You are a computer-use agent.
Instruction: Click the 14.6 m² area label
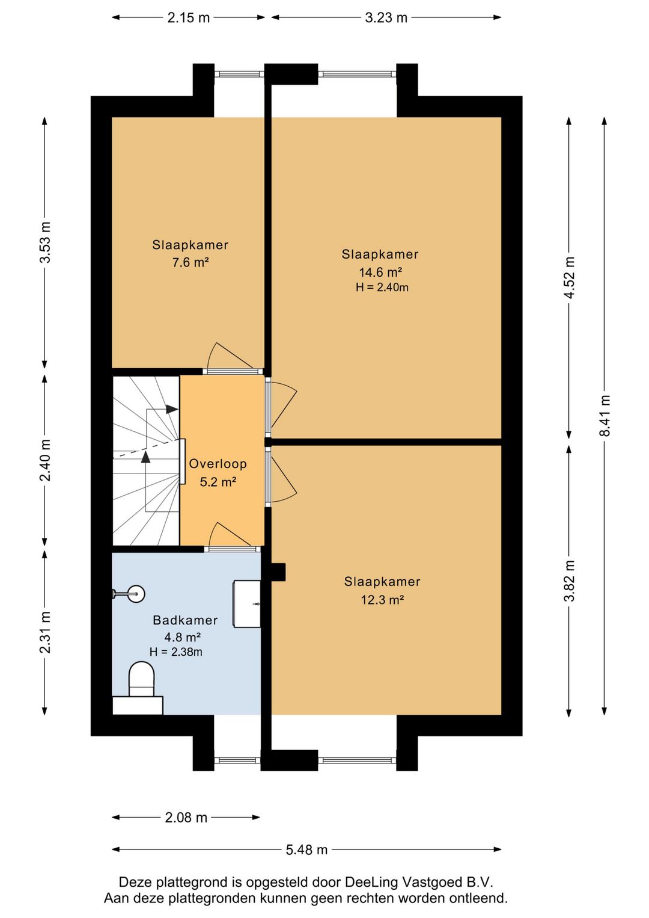pyautogui.click(x=380, y=272)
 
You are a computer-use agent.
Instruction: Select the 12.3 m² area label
pyautogui.click(x=382, y=600)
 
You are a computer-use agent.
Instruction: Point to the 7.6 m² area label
pyautogui.click(x=190, y=262)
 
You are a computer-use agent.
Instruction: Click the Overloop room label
pyautogui.click(x=218, y=463)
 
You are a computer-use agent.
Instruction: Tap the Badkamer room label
pyautogui.click(x=185, y=620)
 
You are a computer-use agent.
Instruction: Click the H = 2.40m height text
pyautogui.click(x=382, y=288)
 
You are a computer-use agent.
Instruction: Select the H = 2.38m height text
pyautogui.click(x=175, y=652)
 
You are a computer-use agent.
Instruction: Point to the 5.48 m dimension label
pyautogui.click(x=306, y=850)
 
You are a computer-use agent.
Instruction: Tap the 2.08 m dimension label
pyautogui.click(x=186, y=818)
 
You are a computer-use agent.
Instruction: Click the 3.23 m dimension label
pyautogui.click(x=386, y=17)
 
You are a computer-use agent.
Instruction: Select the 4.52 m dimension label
pyautogui.click(x=570, y=277)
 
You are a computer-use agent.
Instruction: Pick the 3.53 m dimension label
pyautogui.click(x=46, y=242)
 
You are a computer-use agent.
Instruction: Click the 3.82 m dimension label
pyautogui.click(x=570, y=581)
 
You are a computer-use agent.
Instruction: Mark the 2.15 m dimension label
pyautogui.click(x=188, y=17)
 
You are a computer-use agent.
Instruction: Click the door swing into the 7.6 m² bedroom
pyautogui.click(x=231, y=356)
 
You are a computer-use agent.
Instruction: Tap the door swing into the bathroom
pyautogui.click(x=232, y=534)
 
